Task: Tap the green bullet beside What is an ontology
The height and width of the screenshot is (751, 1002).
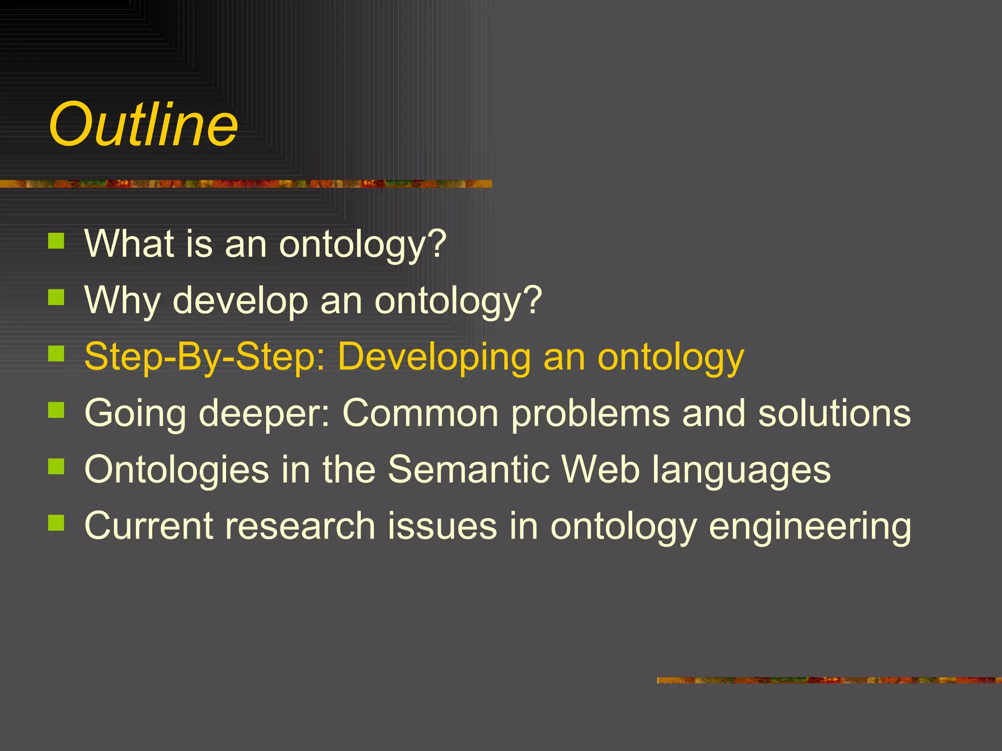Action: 56,241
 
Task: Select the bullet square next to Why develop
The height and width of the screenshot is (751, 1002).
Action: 56,297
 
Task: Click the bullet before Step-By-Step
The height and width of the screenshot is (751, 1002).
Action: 56,353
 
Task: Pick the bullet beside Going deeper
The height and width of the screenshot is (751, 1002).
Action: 56,410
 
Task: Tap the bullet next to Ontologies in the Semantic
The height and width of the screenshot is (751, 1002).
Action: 56,466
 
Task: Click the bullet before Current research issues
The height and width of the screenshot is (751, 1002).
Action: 56,523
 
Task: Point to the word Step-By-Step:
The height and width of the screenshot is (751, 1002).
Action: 205,356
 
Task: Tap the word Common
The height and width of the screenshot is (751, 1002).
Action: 420,413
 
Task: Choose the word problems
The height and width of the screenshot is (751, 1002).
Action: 590,414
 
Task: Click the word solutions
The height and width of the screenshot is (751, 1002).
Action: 834,413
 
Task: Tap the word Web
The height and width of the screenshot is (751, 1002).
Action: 601,469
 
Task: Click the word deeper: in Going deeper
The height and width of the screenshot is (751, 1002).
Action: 264,414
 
